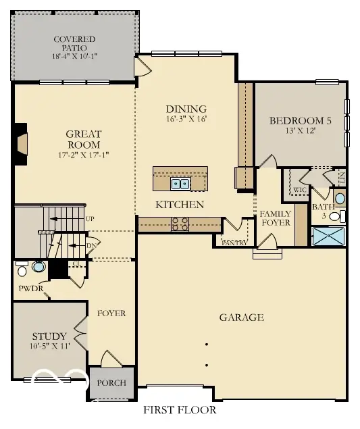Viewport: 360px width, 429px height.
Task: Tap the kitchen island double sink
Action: point(180,182)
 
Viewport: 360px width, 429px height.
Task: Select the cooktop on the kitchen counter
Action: point(180,224)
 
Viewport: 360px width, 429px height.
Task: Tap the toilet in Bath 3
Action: point(342,216)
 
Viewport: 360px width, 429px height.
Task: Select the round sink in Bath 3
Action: point(340,199)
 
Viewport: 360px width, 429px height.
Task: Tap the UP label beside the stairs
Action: point(90,218)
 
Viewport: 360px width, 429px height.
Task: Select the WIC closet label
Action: point(299,190)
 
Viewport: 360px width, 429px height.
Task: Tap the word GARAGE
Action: point(241,317)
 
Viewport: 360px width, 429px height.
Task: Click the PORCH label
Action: point(111,382)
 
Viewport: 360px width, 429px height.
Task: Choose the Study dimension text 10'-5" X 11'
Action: point(50,346)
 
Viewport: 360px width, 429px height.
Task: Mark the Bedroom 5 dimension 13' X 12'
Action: point(300,132)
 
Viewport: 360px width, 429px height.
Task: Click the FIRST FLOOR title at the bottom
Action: point(180,410)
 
